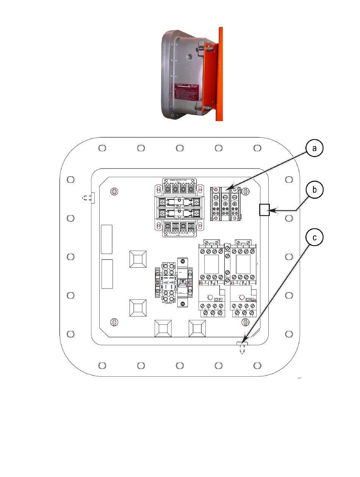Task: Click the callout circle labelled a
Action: (314, 149)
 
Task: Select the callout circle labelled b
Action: (314, 190)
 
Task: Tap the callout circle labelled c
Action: (314, 238)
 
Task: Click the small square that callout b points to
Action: (264, 209)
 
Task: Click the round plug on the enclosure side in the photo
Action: (188, 56)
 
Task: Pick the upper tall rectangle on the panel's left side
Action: (106, 239)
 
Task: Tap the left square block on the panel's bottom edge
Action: (163, 329)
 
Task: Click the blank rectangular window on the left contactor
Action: (210, 263)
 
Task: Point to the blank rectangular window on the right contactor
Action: (242, 263)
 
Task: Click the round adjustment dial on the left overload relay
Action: (208, 297)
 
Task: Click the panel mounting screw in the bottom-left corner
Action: (113, 322)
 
